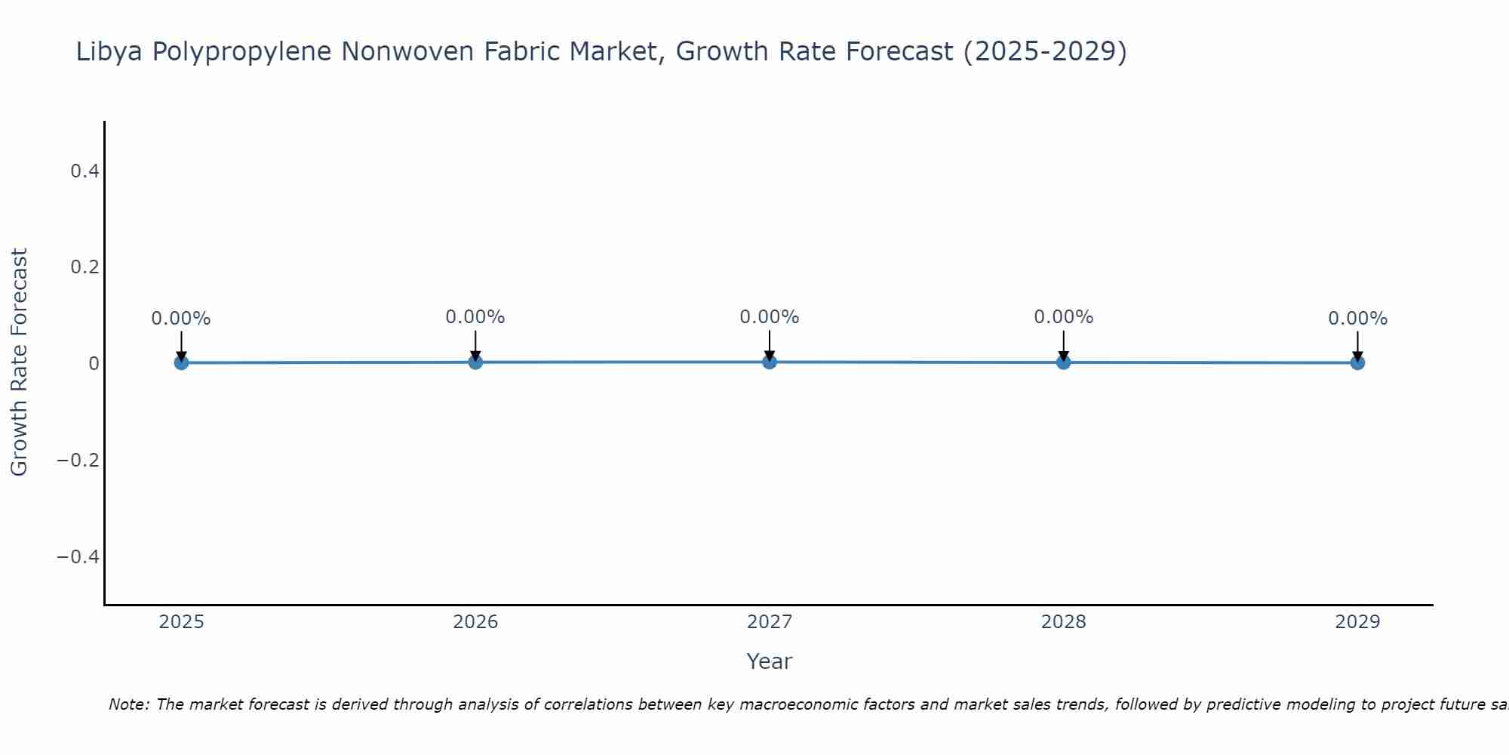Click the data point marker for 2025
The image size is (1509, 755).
pyautogui.click(x=181, y=362)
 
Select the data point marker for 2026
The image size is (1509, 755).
pyautogui.click(x=475, y=362)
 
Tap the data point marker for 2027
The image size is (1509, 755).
pyautogui.click(x=770, y=362)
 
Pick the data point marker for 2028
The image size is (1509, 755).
pyautogui.click(x=1063, y=362)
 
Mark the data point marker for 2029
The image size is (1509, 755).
pyautogui.click(x=1357, y=362)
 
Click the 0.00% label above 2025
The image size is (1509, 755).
pyautogui.click(x=181, y=319)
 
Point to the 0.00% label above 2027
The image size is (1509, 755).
pyautogui.click(x=770, y=317)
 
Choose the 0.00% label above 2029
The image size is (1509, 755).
pyautogui.click(x=1357, y=319)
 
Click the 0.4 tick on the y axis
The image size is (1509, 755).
pyautogui.click(x=85, y=171)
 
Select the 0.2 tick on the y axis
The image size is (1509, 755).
pyautogui.click(x=85, y=267)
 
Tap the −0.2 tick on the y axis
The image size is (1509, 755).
pyautogui.click(x=78, y=460)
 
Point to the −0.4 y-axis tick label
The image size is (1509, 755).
pyautogui.click(x=78, y=556)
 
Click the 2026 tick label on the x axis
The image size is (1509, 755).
pyautogui.click(x=475, y=622)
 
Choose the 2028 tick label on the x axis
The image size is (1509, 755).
pyautogui.click(x=1063, y=622)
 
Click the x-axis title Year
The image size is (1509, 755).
pyautogui.click(x=769, y=661)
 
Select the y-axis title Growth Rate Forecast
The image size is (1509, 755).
pyautogui.click(x=19, y=362)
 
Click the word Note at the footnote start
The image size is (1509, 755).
pyautogui.click(x=128, y=704)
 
